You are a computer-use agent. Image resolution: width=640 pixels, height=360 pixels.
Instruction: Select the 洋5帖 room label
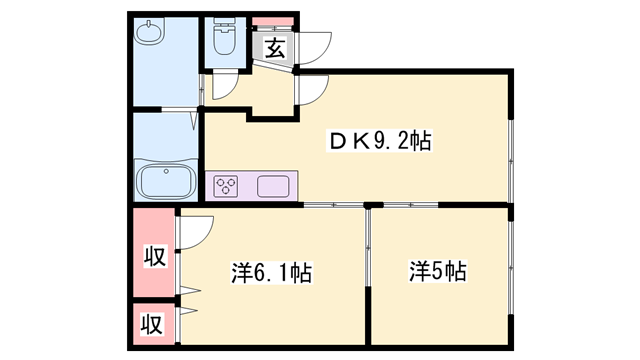pyautogui.click(x=438, y=270)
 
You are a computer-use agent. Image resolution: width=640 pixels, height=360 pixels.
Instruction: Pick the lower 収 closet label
pyautogui.click(x=152, y=324)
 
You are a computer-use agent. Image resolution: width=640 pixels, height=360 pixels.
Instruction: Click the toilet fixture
pyautogui.click(x=223, y=39)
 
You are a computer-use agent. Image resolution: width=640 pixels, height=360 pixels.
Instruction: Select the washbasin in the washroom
pyautogui.click(x=149, y=34)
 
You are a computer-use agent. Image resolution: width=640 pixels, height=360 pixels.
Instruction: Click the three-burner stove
pyautogui.click(x=226, y=185)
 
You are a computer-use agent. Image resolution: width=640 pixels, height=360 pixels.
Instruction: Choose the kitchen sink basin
pyautogui.click(x=273, y=185)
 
